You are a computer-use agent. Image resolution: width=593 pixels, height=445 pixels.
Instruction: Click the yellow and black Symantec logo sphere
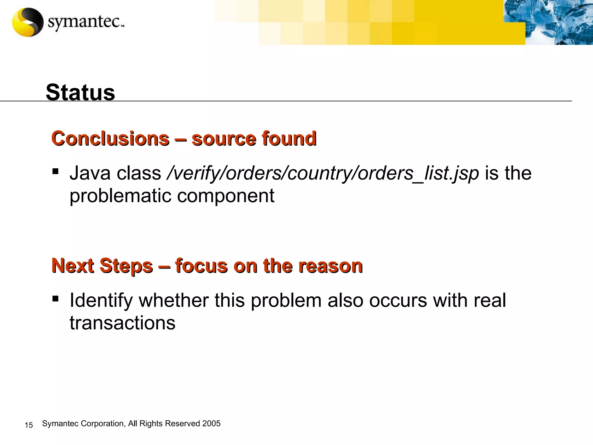pos(28,22)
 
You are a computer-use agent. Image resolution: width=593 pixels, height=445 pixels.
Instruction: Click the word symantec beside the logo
pos(84,22)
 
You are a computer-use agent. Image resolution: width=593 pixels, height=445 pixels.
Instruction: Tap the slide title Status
pos(80,92)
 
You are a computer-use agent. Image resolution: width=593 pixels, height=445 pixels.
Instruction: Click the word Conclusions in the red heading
pos(110,138)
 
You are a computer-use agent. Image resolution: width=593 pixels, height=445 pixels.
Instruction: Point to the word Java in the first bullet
pos(90,173)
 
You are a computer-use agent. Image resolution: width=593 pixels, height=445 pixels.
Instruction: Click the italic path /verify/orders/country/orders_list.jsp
pos(323,173)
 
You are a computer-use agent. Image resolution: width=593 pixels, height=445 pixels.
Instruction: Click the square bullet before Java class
pos(55,172)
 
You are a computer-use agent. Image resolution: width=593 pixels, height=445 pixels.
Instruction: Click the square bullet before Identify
pos(55,298)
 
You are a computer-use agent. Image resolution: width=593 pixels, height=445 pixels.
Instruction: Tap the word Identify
pos(101,301)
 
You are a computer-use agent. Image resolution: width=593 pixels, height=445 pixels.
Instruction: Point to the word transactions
pos(122,323)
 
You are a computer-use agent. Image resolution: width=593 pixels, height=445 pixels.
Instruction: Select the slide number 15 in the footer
pos(29,425)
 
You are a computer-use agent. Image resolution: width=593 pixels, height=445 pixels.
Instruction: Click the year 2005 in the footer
pos(211,424)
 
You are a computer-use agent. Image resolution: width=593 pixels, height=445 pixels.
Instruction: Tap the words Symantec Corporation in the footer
pos(83,424)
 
